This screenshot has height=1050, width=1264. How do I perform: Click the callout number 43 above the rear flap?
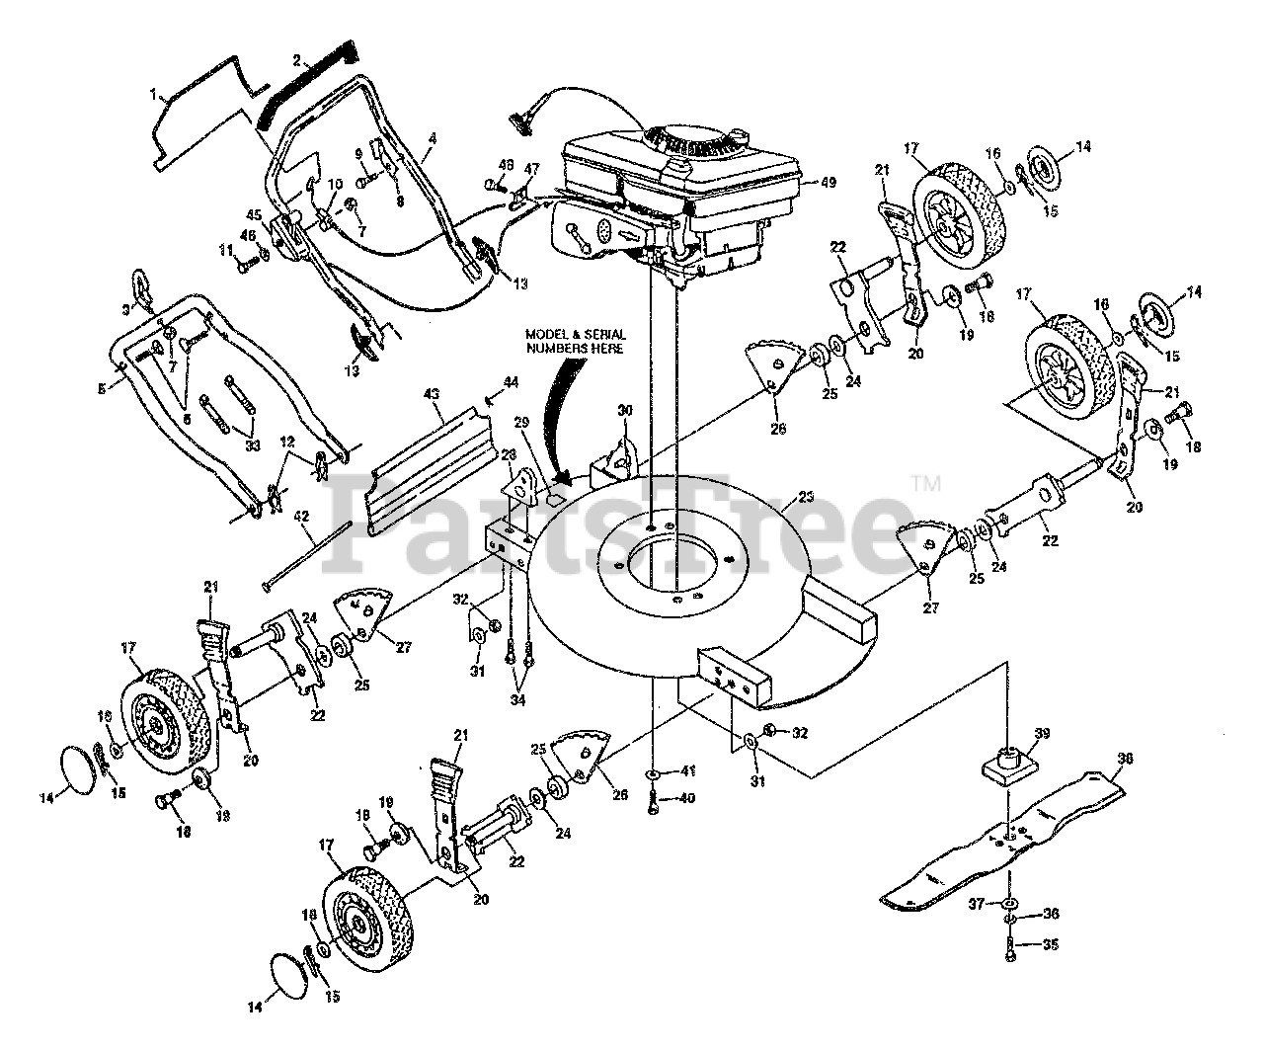point(431,394)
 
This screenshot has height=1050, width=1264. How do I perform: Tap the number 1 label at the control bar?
point(153,95)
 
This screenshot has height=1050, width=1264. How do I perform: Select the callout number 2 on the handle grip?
point(295,58)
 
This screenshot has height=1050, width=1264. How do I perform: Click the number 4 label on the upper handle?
point(432,138)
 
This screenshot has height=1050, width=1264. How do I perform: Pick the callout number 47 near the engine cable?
point(532,169)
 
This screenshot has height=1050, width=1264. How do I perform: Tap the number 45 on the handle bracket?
point(254,216)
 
